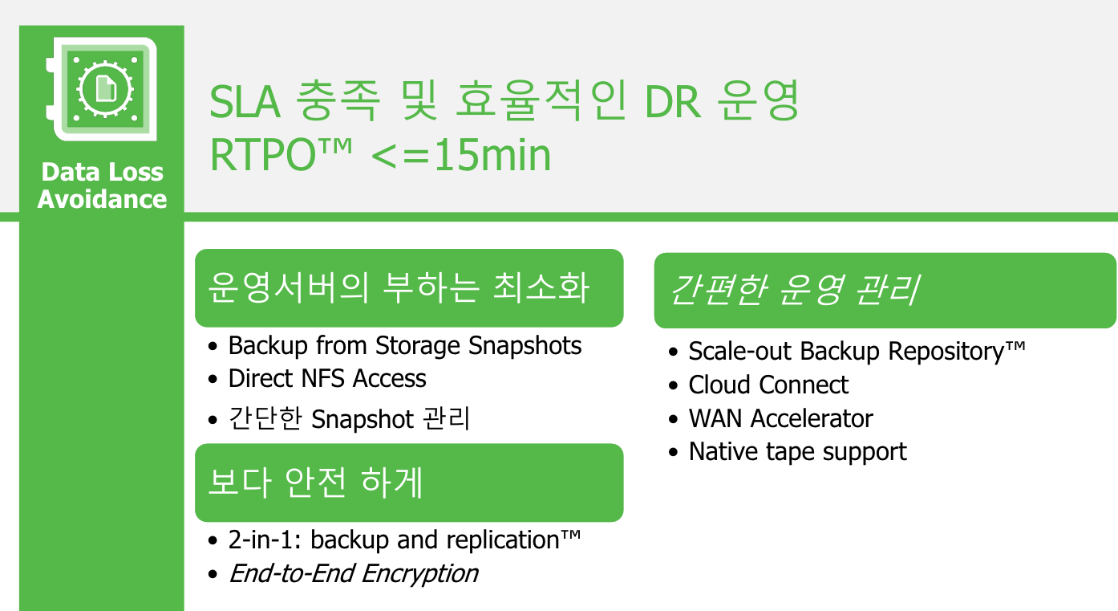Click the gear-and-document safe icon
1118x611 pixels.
pyautogui.click(x=101, y=89)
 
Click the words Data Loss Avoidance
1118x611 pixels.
pyautogui.click(x=102, y=185)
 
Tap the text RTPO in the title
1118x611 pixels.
pyautogui.click(x=263, y=156)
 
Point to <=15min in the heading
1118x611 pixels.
pyautogui.click(x=461, y=156)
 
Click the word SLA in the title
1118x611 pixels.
pyautogui.click(x=245, y=102)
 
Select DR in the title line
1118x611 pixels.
pyautogui.click(x=673, y=102)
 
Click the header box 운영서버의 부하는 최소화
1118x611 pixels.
pyautogui.click(x=409, y=288)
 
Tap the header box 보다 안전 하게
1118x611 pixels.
pyautogui.click(x=409, y=483)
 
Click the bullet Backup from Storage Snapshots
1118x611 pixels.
pyautogui.click(x=405, y=346)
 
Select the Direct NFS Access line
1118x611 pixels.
pyautogui.click(x=327, y=378)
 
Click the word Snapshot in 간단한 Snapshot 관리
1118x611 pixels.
pyautogui.click(x=363, y=419)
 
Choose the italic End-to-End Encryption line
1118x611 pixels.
pyautogui.click(x=354, y=573)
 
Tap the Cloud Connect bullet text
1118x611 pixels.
pyautogui.click(x=768, y=385)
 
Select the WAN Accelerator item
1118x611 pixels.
pyautogui.click(x=781, y=418)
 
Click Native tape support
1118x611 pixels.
pyautogui.click(x=797, y=452)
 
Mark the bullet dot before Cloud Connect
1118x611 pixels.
pyautogui.click(x=674, y=385)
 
